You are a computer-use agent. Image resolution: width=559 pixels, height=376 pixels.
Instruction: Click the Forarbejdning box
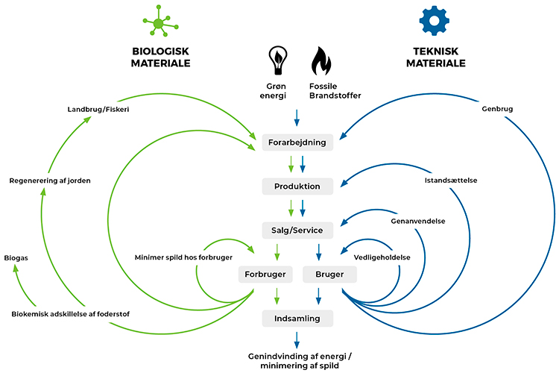click(297, 142)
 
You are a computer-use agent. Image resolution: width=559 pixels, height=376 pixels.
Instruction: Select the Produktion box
click(297, 185)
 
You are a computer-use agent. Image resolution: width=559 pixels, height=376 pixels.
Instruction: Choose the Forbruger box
click(266, 275)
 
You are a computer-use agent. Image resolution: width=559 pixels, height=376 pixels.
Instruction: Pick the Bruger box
click(329, 275)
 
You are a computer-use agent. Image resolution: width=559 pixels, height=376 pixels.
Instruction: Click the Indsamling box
click(297, 319)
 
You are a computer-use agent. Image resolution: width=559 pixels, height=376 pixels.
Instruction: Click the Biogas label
click(18, 258)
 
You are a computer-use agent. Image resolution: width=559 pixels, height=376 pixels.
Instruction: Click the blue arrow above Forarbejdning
click(297, 118)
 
